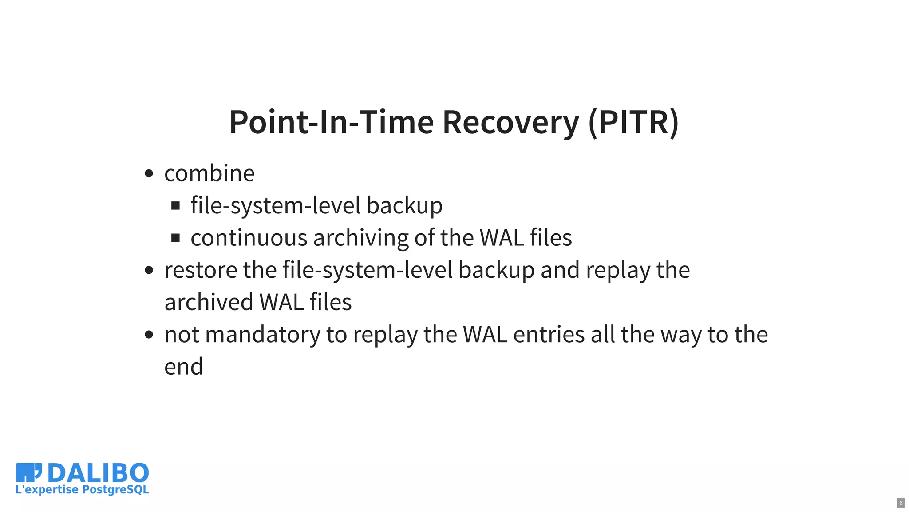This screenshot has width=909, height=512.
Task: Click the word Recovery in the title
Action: pyautogui.click(x=510, y=122)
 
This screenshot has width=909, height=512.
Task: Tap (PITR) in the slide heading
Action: pyautogui.click(x=633, y=122)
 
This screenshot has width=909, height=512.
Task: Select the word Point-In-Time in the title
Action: pyautogui.click(x=331, y=122)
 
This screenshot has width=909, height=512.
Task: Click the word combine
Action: pyautogui.click(x=209, y=173)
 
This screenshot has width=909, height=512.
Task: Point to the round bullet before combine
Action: pyautogui.click(x=149, y=173)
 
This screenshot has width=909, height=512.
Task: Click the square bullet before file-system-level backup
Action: pyautogui.click(x=175, y=205)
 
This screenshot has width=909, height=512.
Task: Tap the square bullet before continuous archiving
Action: pyautogui.click(x=175, y=238)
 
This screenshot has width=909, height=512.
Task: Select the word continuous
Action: pyautogui.click(x=249, y=238)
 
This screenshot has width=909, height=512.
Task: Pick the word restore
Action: pyautogui.click(x=201, y=270)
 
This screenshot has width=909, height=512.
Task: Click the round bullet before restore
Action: pyautogui.click(x=149, y=270)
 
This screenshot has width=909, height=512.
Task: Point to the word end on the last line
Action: pyautogui.click(x=183, y=367)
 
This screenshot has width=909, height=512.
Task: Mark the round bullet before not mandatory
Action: pyautogui.click(x=149, y=335)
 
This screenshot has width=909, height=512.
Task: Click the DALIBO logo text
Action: pyautogui.click(x=98, y=473)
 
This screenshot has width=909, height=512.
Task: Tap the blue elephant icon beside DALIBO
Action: pyautogui.click(x=28, y=472)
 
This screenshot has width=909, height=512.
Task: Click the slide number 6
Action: pyautogui.click(x=901, y=503)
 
